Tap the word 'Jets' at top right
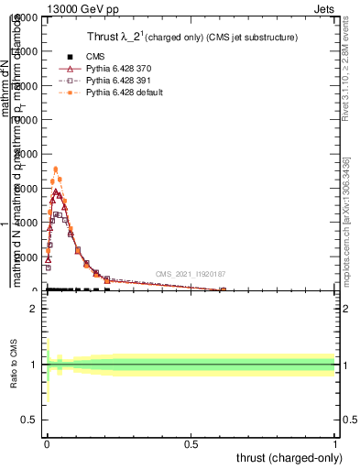pos(325,7)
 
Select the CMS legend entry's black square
pos(70,57)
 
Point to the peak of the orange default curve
pos(56,169)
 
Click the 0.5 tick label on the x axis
pos(191,442)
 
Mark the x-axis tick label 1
pos(336,442)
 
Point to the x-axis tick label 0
pos(47,442)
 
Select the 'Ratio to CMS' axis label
pos(15,364)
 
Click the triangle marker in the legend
pos(70,69)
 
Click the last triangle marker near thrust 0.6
pos(223,290)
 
